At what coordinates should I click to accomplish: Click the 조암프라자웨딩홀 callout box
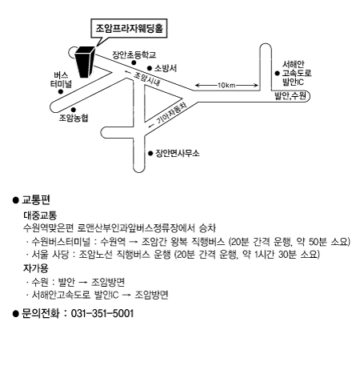coord(129,28)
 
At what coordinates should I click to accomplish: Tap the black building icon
coord(85,62)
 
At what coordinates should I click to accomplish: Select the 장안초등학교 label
coord(134,54)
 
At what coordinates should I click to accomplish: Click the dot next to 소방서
coord(150,68)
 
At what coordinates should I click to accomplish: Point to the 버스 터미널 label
coord(61,79)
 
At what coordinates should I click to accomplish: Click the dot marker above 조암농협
coord(74,110)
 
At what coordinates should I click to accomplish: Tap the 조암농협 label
coord(74,118)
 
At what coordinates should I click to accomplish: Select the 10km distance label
coord(226,86)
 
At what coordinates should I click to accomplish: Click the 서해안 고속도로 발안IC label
coord(297,73)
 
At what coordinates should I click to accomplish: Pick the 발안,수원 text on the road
coord(290,96)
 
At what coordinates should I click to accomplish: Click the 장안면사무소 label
coord(178,153)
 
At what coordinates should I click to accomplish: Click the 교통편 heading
coord(36,199)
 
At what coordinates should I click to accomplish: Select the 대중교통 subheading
coord(40,215)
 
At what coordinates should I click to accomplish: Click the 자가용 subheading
coord(36,268)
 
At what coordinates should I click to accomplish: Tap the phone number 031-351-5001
coord(102,313)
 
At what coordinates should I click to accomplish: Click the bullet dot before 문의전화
coord(16,314)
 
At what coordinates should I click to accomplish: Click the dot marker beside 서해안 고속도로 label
coord(278,73)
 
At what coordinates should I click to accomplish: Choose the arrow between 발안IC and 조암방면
coord(126,296)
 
